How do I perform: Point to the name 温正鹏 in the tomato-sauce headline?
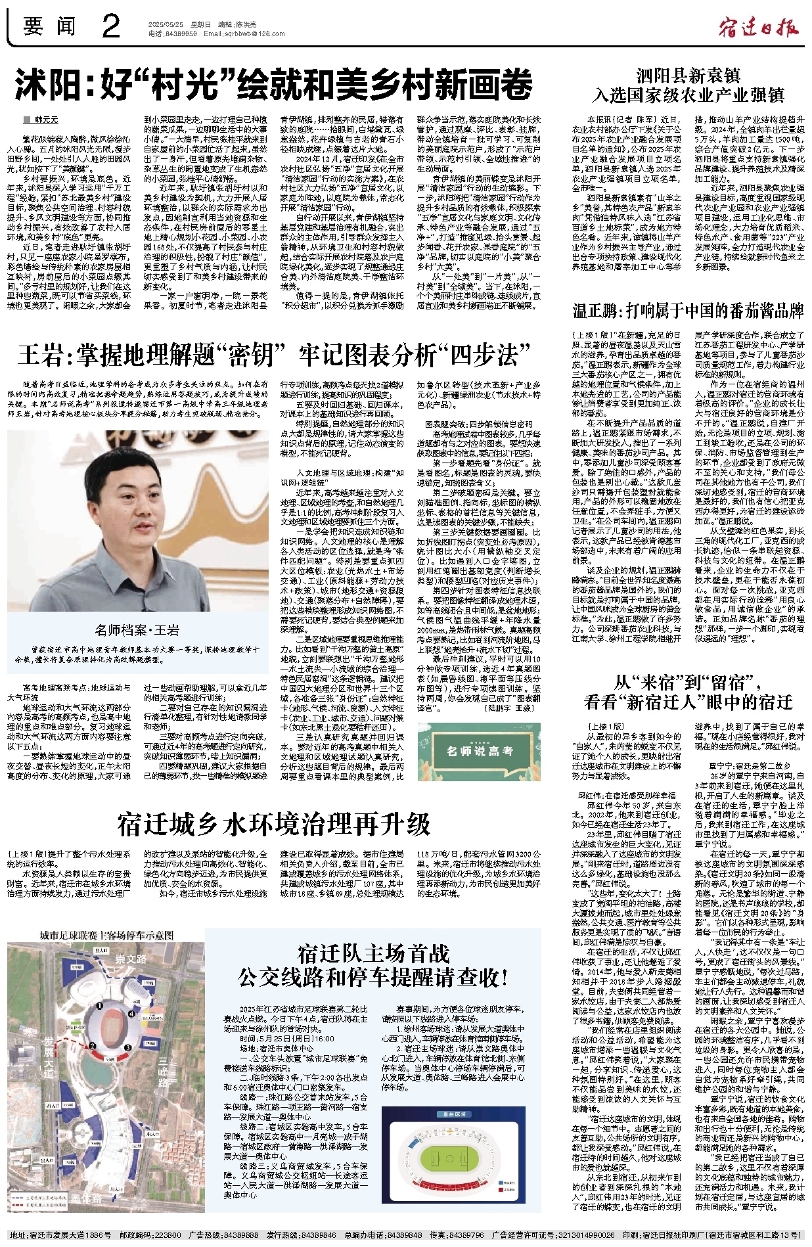tap(601, 311)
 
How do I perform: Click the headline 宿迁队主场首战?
tap(373, 953)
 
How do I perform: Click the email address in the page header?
tap(244, 34)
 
